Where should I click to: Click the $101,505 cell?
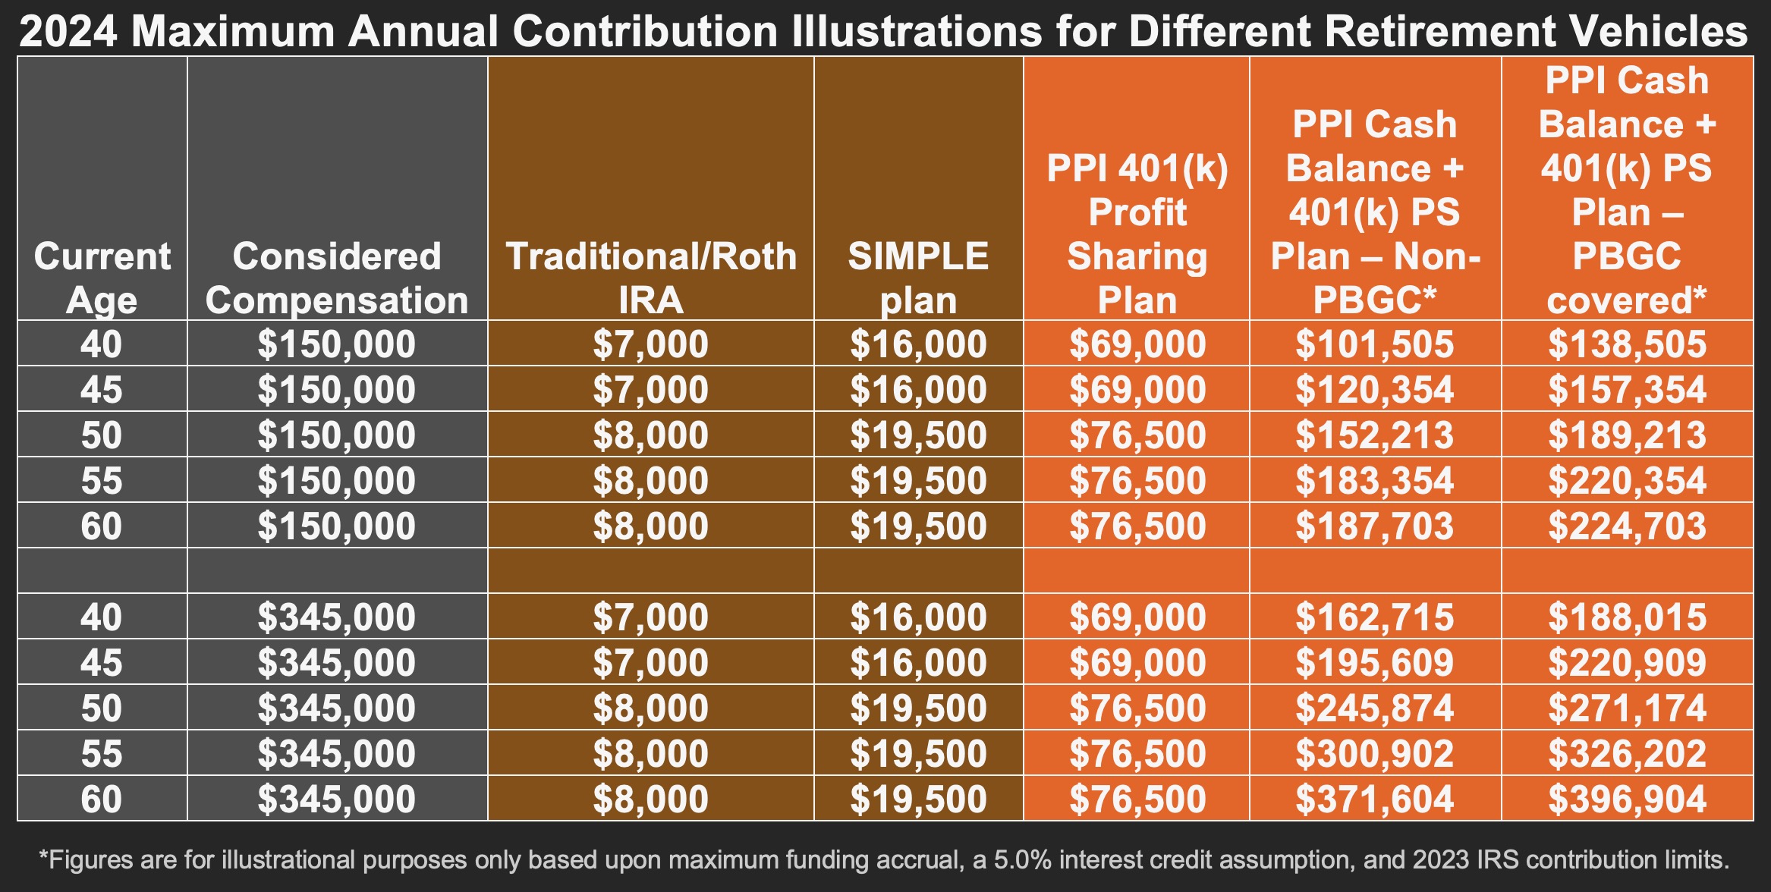1374,344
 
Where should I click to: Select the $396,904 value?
1627,799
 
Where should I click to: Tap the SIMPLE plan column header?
918,278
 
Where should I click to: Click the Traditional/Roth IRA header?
650,278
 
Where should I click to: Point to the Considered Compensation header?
337,278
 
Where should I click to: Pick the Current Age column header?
102,278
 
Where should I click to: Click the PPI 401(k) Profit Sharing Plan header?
1137,234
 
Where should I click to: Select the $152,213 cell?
1374,435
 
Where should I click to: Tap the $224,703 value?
1627,526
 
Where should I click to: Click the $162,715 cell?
1374,617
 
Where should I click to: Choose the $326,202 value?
1627,754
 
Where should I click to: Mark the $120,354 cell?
1374,390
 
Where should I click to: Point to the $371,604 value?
1374,799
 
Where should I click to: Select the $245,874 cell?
1374,708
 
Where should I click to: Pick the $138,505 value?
1627,344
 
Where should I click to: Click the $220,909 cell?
1627,663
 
